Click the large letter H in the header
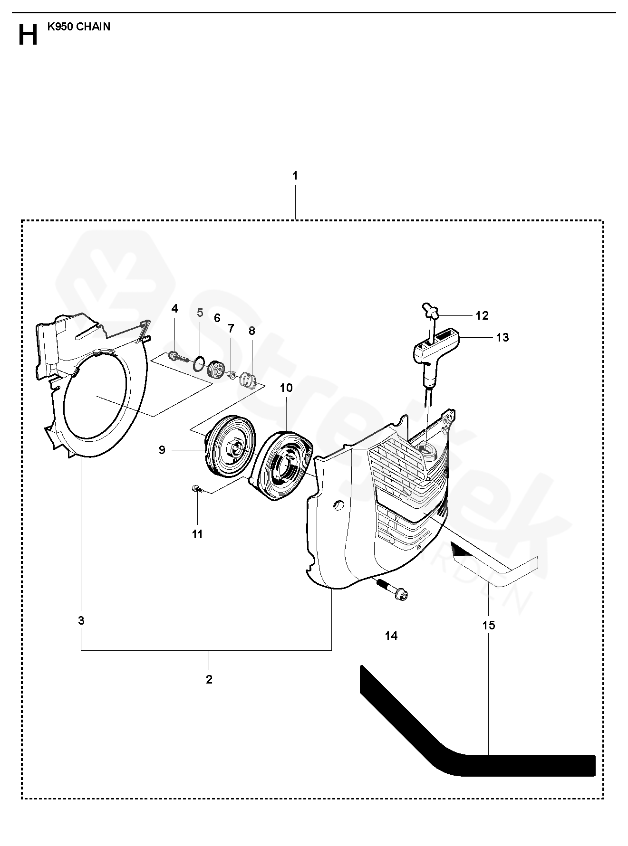[x=28, y=35]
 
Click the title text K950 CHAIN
[x=78, y=27]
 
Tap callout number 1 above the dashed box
[x=295, y=176]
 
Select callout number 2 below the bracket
[x=209, y=679]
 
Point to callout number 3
[x=81, y=620]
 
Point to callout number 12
[x=482, y=316]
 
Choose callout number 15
[x=489, y=625]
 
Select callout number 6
[x=217, y=318]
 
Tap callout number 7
[x=231, y=328]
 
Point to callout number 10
[x=286, y=388]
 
